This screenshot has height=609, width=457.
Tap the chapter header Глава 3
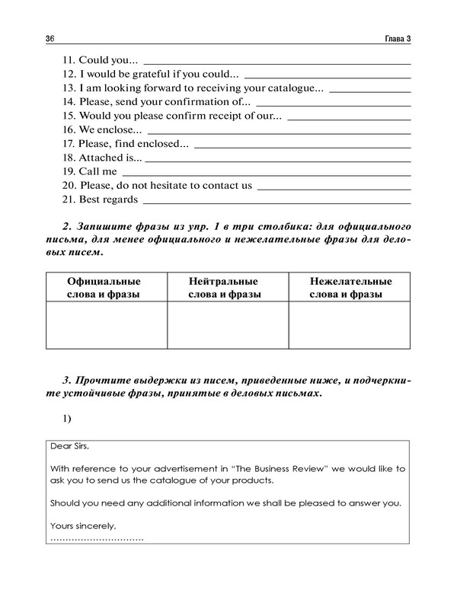coord(396,39)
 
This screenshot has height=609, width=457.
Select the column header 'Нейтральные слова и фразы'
coord(227,287)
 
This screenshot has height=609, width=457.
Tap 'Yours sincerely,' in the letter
coord(83,525)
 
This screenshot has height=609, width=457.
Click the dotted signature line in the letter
coord(97,538)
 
